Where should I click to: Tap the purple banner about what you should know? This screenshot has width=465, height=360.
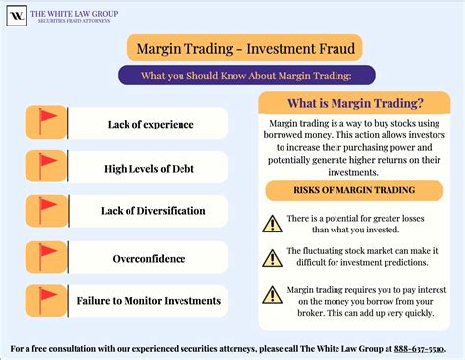click(x=232, y=75)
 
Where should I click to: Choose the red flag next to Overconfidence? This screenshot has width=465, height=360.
click(x=46, y=254)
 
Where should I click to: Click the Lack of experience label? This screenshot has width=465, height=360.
click(x=150, y=124)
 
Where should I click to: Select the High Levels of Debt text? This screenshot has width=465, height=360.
click(x=149, y=168)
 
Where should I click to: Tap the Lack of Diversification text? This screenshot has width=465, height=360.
click(x=152, y=211)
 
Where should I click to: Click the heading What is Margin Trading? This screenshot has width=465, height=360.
click(x=353, y=104)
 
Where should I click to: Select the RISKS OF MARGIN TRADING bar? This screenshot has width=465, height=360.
click(x=353, y=189)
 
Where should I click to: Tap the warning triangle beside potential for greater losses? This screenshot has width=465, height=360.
click(x=272, y=223)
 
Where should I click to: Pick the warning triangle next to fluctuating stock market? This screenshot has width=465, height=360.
click(x=272, y=258)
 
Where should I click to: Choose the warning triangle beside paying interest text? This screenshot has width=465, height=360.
click(x=272, y=294)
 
